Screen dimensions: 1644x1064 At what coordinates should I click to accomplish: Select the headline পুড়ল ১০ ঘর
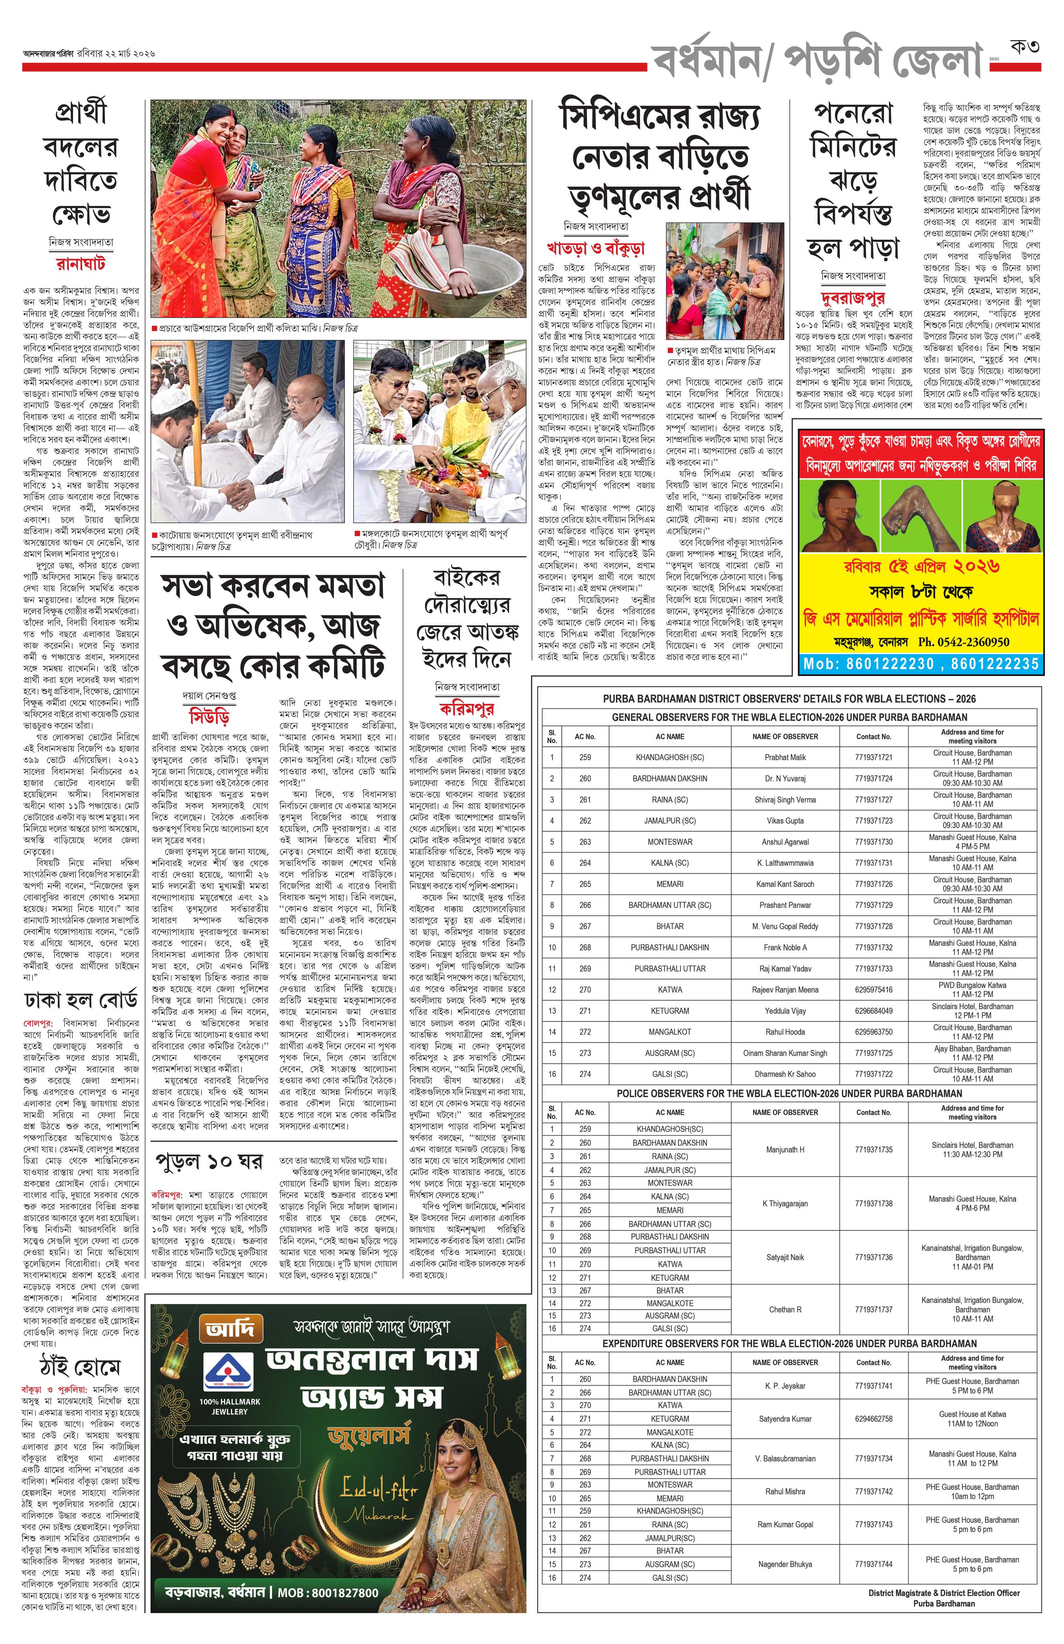(209, 1161)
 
